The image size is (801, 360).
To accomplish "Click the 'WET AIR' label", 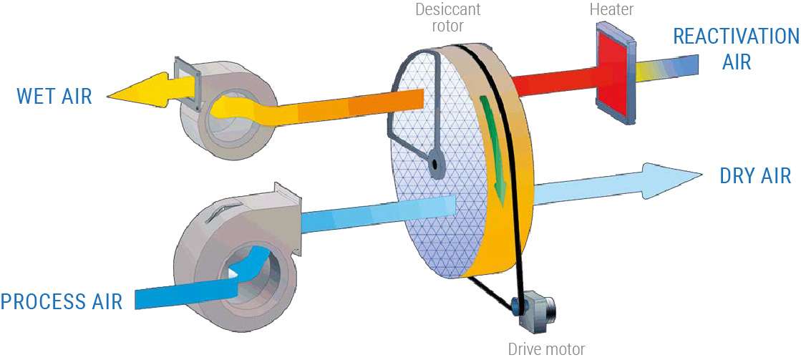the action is (x=54, y=95).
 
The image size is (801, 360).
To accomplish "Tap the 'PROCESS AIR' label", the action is (x=62, y=301).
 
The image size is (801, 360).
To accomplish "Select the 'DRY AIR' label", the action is (x=755, y=175).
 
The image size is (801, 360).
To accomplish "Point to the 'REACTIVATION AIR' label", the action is (x=737, y=49).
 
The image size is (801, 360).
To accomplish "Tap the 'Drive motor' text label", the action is (x=546, y=350).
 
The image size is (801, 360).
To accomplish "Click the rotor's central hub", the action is (x=435, y=165).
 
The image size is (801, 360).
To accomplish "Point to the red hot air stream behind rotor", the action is (x=557, y=80).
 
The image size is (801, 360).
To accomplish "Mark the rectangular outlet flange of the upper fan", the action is (x=187, y=84).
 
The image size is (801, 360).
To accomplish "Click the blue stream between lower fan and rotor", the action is (x=378, y=215).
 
